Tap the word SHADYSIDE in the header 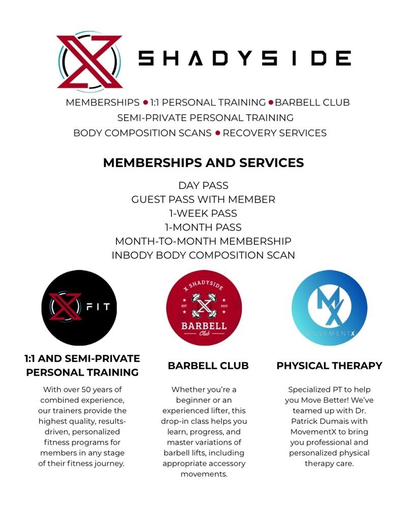tap(245, 59)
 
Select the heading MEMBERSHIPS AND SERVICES tap(203, 163)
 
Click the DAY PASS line tap(203, 186)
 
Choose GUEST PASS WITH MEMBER tap(203, 200)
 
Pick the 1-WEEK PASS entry tap(203, 213)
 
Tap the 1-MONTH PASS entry tap(203, 227)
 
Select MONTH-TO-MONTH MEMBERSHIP tap(203, 241)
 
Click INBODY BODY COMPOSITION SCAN tap(203, 255)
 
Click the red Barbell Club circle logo tap(203, 308)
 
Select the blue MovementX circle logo tap(329, 308)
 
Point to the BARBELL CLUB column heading tap(208, 365)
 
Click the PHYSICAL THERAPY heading tap(329, 365)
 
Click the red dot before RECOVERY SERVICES tap(218, 133)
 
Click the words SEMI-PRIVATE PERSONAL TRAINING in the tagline tap(205, 118)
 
